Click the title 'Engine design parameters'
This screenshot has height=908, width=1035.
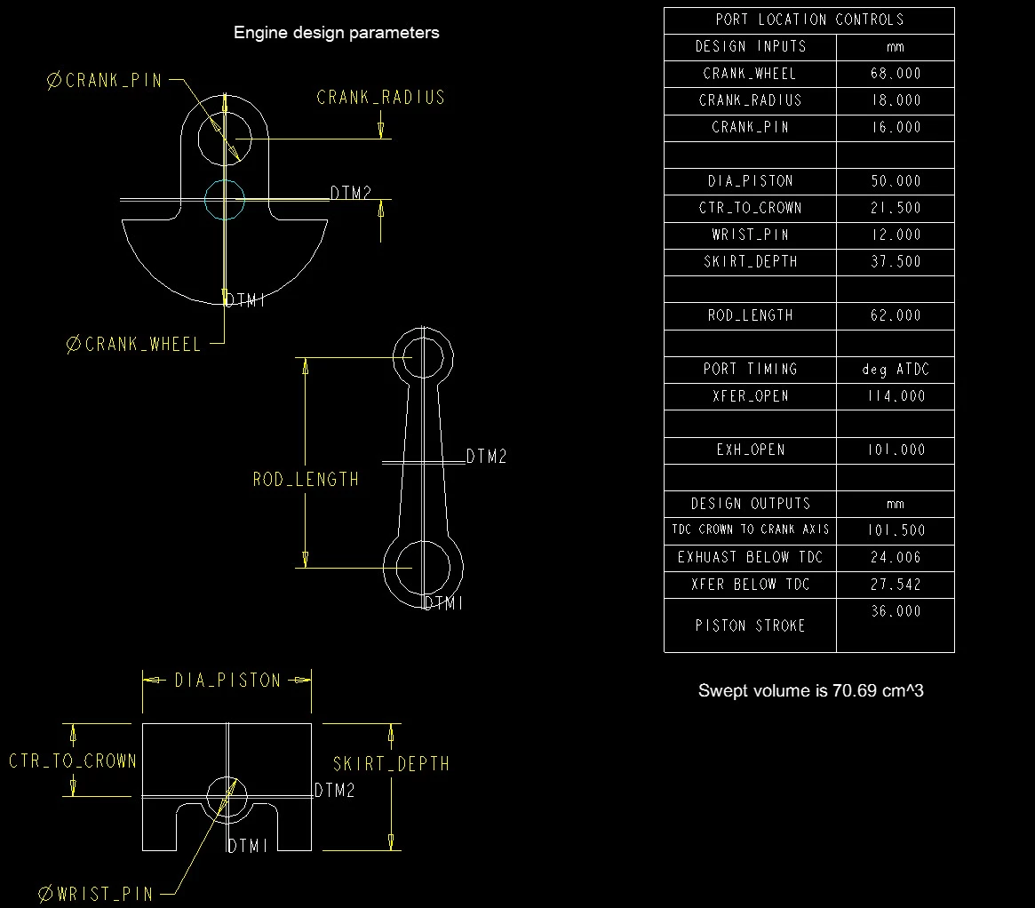click(x=336, y=33)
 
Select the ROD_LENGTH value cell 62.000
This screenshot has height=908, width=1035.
click(x=895, y=315)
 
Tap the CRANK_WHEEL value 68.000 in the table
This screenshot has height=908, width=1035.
click(x=895, y=74)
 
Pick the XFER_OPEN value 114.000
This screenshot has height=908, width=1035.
click(x=895, y=396)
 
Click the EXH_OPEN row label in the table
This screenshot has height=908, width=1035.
click(x=750, y=450)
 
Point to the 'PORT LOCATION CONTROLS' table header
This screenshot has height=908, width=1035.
click(x=808, y=20)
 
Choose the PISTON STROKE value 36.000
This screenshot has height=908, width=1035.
click(x=895, y=611)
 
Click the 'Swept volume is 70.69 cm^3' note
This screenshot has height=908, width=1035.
click(x=810, y=690)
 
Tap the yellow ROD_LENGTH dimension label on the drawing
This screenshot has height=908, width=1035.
click(x=306, y=480)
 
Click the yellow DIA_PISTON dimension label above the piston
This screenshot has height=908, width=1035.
click(x=227, y=681)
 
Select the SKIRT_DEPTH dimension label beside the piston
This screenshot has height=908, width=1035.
click(x=391, y=764)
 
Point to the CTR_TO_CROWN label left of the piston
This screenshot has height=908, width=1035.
click(x=73, y=761)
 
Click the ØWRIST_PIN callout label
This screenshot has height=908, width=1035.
click(x=97, y=894)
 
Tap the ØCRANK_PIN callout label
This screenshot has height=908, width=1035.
click(x=104, y=80)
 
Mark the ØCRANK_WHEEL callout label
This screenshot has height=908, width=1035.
click(x=134, y=345)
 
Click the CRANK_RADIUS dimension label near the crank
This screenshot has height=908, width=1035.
click(x=380, y=98)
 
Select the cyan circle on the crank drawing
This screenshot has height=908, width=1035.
click(x=224, y=200)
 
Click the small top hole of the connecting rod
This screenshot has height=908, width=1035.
click(x=422, y=357)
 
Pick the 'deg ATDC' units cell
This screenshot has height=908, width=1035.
click(x=895, y=370)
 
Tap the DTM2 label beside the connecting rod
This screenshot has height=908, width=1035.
click(x=487, y=457)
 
